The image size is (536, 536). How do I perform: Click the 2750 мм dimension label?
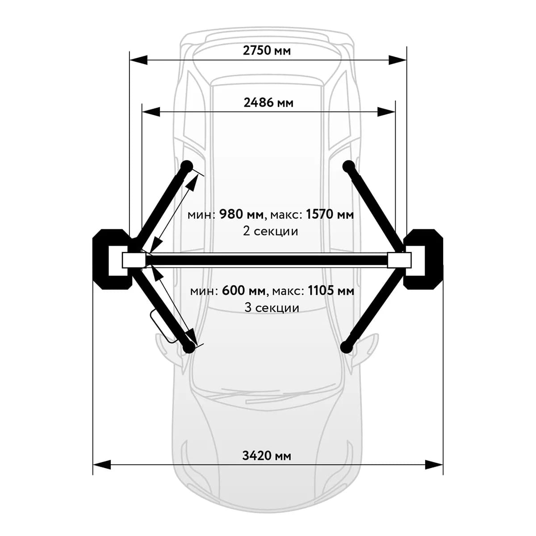[267, 50]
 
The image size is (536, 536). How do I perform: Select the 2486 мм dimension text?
[268, 103]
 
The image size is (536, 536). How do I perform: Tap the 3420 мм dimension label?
[267, 456]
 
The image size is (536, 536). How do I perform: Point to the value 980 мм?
[241, 214]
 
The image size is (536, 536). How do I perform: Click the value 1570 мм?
[330, 214]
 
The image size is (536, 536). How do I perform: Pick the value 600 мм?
[244, 291]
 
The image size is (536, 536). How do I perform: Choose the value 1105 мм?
[331, 291]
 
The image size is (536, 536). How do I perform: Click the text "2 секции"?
[270, 231]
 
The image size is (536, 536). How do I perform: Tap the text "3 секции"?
[272, 308]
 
